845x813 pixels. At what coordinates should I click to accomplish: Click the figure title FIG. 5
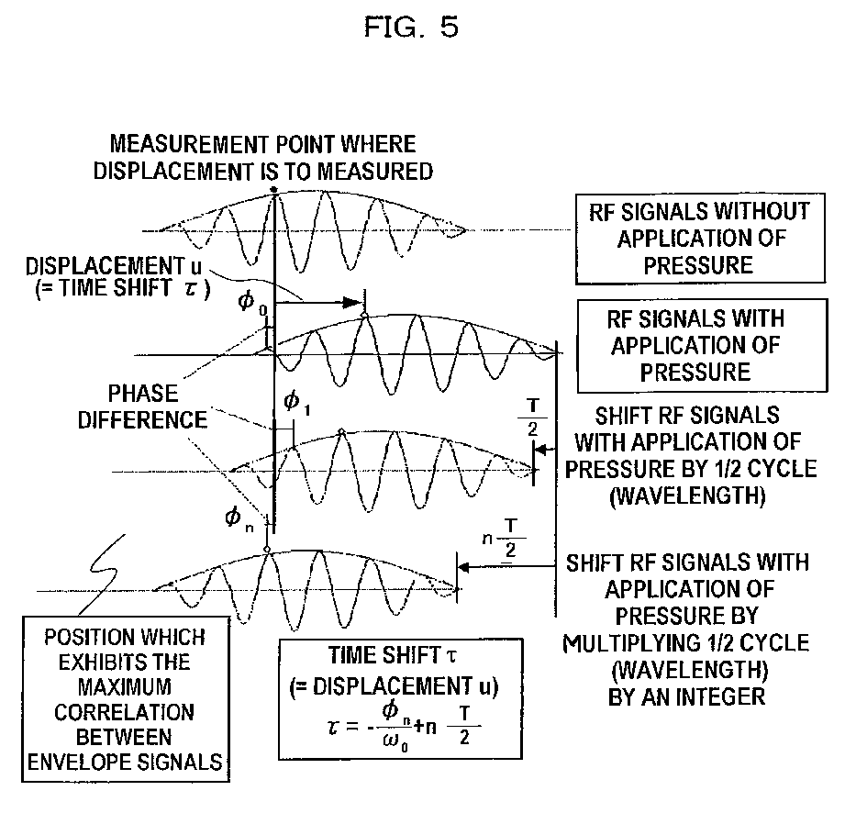[x=411, y=28]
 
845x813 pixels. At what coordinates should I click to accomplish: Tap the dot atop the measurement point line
[x=273, y=191]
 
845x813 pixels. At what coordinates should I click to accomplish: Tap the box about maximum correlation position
[x=127, y=696]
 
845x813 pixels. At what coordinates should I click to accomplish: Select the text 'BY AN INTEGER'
[x=687, y=696]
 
